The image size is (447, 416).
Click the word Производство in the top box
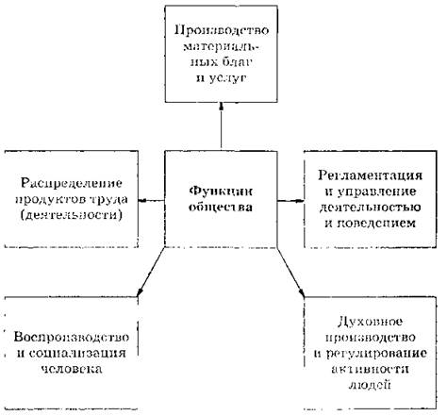(x=222, y=31)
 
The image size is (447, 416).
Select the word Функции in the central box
(x=221, y=191)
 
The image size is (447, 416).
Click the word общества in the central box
(x=221, y=208)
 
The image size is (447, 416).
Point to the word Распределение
(x=72, y=184)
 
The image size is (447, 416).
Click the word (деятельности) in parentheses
(x=72, y=215)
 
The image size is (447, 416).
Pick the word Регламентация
(x=370, y=175)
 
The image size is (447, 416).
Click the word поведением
(x=376, y=223)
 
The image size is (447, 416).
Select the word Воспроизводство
(x=72, y=338)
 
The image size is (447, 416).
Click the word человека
(x=72, y=369)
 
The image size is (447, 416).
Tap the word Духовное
(x=370, y=322)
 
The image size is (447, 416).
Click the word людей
(x=370, y=384)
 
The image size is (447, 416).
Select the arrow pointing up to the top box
(x=222, y=125)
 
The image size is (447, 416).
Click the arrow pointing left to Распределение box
(x=152, y=200)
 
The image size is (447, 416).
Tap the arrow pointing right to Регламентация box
(x=290, y=200)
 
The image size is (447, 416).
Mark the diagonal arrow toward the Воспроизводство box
(x=151, y=272)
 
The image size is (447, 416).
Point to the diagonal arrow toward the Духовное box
(x=291, y=273)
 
